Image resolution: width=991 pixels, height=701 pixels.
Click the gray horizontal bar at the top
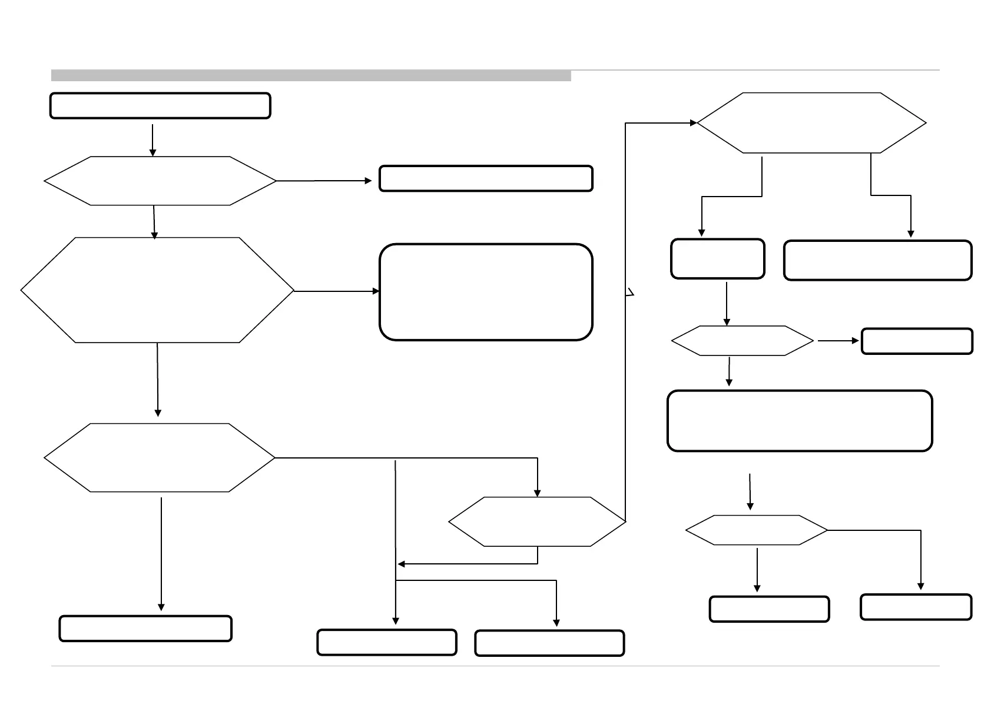pyautogui.click(x=310, y=75)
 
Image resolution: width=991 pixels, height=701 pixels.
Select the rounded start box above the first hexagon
pyautogui.click(x=160, y=106)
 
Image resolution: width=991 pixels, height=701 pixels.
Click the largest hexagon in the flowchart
pyautogui.click(x=157, y=290)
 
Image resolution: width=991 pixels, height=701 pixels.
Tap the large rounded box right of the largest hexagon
pyautogui.click(x=486, y=292)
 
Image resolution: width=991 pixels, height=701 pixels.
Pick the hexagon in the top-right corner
pyautogui.click(x=811, y=123)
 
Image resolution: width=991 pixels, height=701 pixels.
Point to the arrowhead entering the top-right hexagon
pyautogui.click(x=693, y=123)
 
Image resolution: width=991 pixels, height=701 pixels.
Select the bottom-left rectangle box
pyautogui.click(x=145, y=629)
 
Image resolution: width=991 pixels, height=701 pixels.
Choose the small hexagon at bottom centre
pyautogui.click(x=536, y=522)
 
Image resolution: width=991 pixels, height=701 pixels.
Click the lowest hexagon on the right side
pyautogui.click(x=757, y=530)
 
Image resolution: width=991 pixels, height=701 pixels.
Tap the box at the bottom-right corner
pyautogui.click(x=916, y=607)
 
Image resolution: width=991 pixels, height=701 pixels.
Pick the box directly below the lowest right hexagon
pyautogui.click(x=769, y=609)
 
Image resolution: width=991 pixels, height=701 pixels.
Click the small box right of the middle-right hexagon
pyautogui.click(x=917, y=341)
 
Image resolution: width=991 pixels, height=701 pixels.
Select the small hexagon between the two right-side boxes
pyautogui.click(x=742, y=341)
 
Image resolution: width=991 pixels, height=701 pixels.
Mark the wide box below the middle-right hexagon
pyautogui.click(x=800, y=421)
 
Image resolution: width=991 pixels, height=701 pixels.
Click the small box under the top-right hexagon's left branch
pyautogui.click(x=718, y=258)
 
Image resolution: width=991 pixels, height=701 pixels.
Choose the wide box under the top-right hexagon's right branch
pyautogui.click(x=877, y=260)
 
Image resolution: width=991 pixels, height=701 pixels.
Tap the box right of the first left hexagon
pyautogui.click(x=486, y=179)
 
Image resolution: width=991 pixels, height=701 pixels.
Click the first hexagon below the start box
pyautogui.click(x=160, y=181)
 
